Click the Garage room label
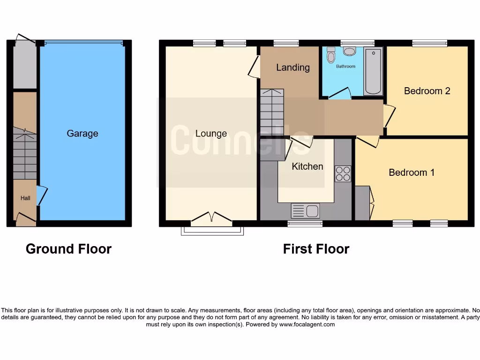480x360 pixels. click(82, 134)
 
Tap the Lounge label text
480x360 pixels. click(211, 134)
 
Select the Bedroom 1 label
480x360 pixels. click(412, 172)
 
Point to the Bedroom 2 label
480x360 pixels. click(427, 91)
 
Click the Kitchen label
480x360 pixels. click(307, 166)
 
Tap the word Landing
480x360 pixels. click(293, 67)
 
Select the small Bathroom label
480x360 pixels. click(345, 67)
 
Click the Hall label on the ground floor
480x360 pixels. click(25, 198)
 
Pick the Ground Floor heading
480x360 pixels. click(68, 249)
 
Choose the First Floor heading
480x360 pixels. click(316, 249)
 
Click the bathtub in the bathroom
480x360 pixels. click(373, 70)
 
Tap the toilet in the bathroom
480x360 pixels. click(331, 56)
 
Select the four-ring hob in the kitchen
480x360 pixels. click(343, 174)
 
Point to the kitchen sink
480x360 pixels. click(305, 211)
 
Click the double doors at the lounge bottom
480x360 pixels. click(211, 218)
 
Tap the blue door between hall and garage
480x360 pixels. click(41, 195)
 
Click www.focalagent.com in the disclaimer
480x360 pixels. click(307, 324)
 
